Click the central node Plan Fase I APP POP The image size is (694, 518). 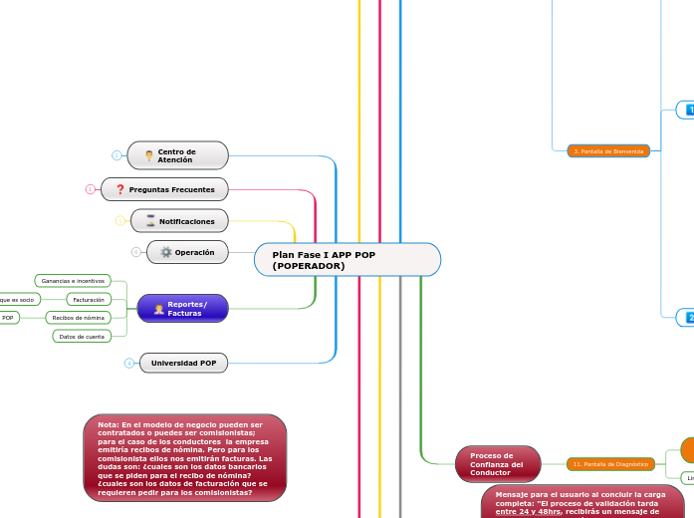point(347,260)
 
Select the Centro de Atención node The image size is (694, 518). point(178,155)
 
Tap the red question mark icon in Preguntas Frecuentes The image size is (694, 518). point(120,189)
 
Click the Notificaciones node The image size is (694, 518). point(178,221)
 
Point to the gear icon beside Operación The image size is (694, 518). point(166,252)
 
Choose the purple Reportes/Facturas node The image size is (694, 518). point(182,309)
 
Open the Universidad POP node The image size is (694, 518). point(183,363)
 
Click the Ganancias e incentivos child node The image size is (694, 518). point(73,281)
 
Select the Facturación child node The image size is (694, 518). point(89,299)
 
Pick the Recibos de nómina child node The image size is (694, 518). point(79,318)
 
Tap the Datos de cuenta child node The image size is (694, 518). point(82,337)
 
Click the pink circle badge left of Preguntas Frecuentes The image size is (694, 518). point(90,189)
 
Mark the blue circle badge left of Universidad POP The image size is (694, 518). point(128,363)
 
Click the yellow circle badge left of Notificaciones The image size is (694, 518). point(120,221)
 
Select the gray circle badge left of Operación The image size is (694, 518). point(135,252)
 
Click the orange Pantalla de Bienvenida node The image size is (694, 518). point(608,151)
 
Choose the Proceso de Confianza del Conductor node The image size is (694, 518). point(498,464)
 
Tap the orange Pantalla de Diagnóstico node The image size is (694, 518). point(611,464)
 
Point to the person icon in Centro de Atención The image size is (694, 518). point(149,155)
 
